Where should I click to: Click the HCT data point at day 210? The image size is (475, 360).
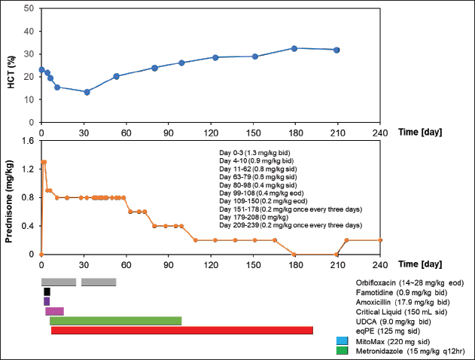click(336, 50)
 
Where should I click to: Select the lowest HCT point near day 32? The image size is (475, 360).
click(87, 92)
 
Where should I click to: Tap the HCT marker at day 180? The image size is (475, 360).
click(294, 48)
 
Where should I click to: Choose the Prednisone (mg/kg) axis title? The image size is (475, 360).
click(11, 197)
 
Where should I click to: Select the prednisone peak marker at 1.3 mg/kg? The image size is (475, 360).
click(44, 162)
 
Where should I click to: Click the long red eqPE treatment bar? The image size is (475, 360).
click(181, 331)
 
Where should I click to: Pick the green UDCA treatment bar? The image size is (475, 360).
click(115, 321)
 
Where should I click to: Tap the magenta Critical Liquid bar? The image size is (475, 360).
click(54, 311)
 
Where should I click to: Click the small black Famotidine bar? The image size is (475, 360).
click(47, 291)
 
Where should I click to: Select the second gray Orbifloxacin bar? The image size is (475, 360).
click(99, 282)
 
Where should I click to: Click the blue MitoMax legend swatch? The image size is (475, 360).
click(342, 340)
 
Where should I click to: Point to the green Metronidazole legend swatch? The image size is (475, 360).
click(342, 350)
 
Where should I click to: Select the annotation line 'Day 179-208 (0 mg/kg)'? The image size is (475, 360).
click(257, 217)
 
